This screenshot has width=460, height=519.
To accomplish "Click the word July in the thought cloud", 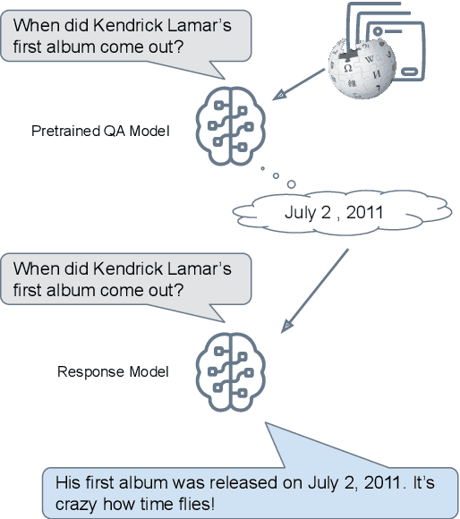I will (301, 212).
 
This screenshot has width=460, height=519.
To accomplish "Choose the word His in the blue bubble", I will (67, 482).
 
